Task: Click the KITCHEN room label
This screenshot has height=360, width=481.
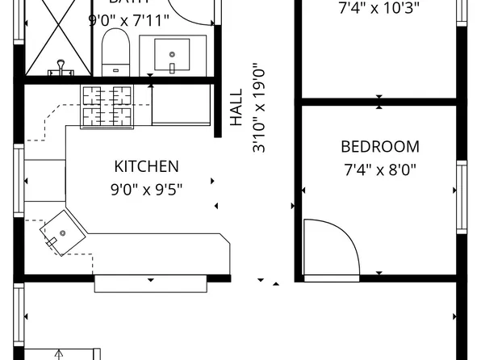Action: coord(146,167)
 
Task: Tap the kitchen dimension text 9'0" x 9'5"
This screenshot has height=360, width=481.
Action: coord(146,190)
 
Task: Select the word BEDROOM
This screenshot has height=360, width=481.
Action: coord(379,147)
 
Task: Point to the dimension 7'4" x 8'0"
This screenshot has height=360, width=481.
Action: coord(379,170)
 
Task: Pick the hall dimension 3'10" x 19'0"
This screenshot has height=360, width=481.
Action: coord(259,109)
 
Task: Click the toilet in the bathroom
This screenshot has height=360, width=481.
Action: coord(116,53)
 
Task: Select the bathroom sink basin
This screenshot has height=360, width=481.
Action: coord(172,54)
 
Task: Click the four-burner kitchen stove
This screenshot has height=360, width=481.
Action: coord(107,105)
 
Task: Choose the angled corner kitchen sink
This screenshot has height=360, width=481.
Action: coord(62,232)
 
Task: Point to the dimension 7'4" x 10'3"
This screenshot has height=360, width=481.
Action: coord(379,10)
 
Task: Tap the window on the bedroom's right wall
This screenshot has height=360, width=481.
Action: coord(461,196)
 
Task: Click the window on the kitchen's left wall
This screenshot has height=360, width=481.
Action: coord(18,182)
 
